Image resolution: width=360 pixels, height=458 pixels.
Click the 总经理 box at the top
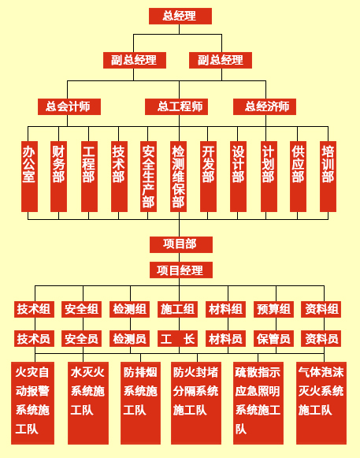tap(180, 16)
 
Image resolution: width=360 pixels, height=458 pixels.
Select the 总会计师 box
tap(69, 106)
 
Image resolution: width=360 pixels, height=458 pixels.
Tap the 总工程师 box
tap(176, 106)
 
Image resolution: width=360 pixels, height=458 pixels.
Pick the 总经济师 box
tap(265, 106)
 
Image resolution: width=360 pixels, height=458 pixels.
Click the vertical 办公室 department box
tap(29, 177)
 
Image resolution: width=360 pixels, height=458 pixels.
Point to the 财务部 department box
tap(58, 177)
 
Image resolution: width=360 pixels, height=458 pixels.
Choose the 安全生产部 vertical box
tap(148, 177)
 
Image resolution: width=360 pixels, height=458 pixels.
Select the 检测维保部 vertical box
tap(178, 177)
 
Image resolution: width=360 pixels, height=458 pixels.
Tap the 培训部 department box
tap(328, 177)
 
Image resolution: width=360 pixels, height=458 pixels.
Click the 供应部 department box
tap(298, 177)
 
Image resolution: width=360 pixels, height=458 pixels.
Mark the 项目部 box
tap(181, 244)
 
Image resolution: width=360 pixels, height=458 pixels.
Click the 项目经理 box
tap(181, 270)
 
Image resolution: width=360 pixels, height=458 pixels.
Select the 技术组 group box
tap(34, 309)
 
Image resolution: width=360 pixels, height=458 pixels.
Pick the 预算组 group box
tap(273, 309)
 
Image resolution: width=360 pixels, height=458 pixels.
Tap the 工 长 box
tap(177, 338)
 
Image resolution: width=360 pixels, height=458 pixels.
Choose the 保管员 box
tap(273, 338)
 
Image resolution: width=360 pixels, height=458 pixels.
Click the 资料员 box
tap(321, 338)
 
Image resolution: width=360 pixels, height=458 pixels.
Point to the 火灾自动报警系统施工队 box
tap(33, 403)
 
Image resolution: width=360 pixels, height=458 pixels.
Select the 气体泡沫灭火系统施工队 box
tap(321, 403)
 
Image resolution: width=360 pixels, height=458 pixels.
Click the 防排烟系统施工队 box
tap(140, 403)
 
